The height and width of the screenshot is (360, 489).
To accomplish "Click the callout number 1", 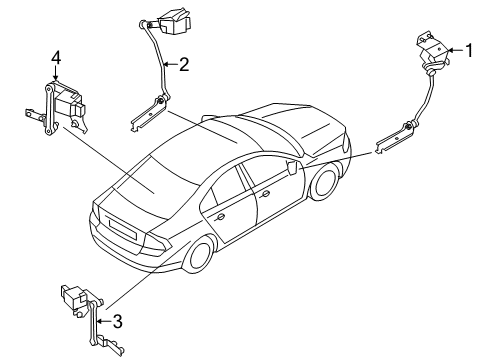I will (471, 49).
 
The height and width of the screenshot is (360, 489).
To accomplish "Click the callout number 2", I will (183, 66).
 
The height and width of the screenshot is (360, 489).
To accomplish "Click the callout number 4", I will (57, 58).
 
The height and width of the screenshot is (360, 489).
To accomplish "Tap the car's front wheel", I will (323, 185).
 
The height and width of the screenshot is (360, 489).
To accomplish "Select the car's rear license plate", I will (122, 229).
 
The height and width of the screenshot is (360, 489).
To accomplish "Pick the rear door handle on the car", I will (219, 214).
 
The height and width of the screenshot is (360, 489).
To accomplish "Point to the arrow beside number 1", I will (455, 49).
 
